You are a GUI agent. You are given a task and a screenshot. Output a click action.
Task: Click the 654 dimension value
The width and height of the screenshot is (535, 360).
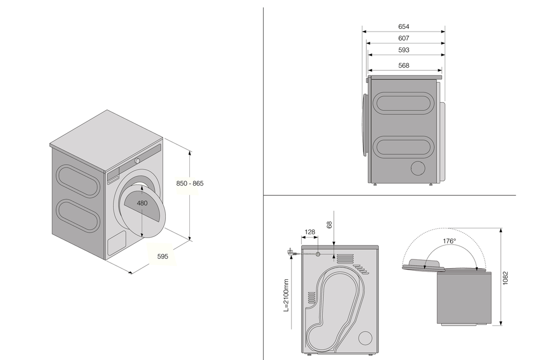point(404,26)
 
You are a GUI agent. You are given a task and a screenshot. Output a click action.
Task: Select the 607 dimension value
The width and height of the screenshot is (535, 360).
point(404,38)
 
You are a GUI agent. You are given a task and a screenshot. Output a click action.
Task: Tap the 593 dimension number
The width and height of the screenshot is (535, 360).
point(404,50)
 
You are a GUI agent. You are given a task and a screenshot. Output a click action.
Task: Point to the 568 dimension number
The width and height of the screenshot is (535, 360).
point(404,65)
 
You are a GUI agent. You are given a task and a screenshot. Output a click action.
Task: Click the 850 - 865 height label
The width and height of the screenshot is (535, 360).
point(190,183)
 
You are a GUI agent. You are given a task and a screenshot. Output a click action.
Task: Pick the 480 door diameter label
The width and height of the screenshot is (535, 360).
point(142,203)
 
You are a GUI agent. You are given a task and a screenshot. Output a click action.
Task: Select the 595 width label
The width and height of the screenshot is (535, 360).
point(163,256)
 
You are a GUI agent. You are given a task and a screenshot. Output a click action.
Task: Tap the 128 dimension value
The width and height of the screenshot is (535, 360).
point(309,232)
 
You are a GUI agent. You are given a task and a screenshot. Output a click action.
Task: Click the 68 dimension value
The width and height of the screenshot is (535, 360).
point(330,225)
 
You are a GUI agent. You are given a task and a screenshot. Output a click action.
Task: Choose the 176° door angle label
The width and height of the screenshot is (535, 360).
point(449,241)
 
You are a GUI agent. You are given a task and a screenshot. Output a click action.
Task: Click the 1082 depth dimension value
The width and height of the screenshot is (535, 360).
point(506,278)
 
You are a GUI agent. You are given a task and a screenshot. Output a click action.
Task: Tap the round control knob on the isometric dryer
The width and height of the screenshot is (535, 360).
point(137,160)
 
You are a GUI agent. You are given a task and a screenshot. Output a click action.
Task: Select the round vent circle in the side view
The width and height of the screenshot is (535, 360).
point(417,167)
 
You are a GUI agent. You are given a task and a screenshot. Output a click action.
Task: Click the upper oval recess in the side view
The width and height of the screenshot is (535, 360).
point(404,103)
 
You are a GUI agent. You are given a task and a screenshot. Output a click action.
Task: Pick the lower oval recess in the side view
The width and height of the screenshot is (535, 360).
point(404,146)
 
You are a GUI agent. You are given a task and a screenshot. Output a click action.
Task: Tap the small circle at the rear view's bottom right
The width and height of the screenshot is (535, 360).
point(365,338)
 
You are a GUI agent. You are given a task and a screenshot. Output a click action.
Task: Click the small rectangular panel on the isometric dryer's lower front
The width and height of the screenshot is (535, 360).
point(116,245)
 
